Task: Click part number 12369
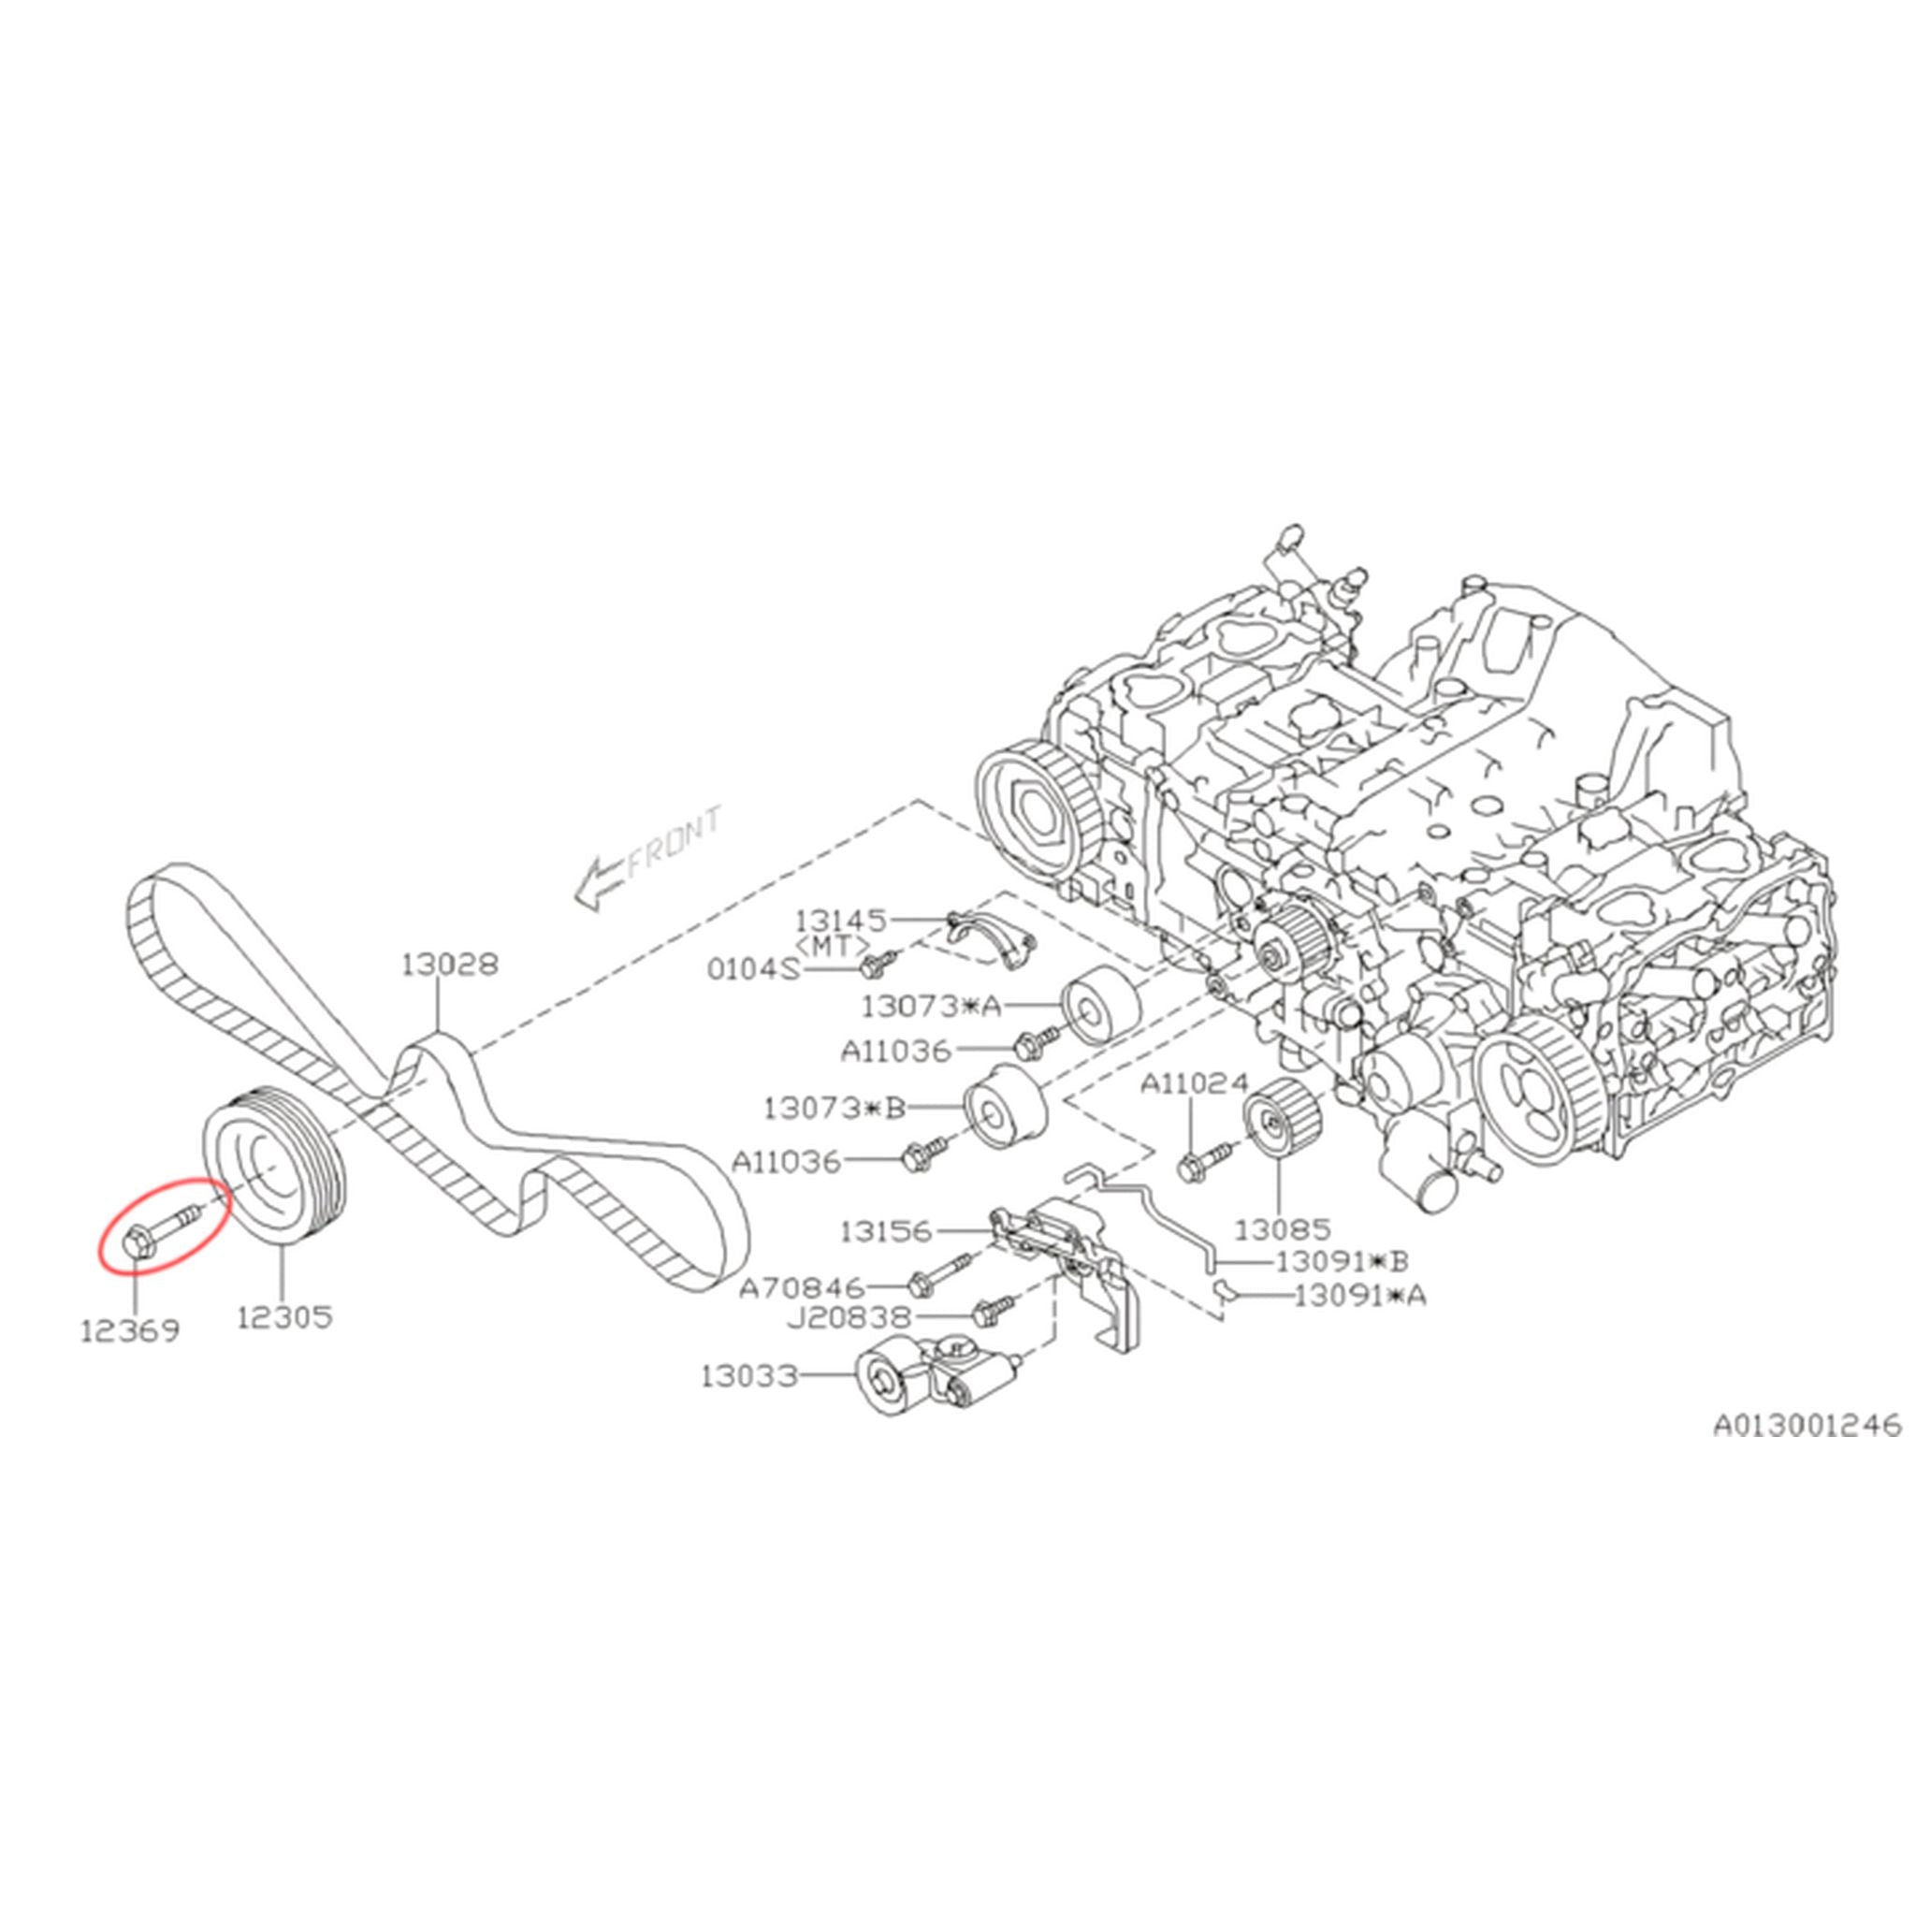(130, 1331)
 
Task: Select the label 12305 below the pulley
(284, 1317)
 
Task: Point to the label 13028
(449, 963)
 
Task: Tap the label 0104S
(753, 969)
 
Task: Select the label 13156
(887, 1231)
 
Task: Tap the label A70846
(803, 1288)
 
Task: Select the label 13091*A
(1359, 1294)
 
